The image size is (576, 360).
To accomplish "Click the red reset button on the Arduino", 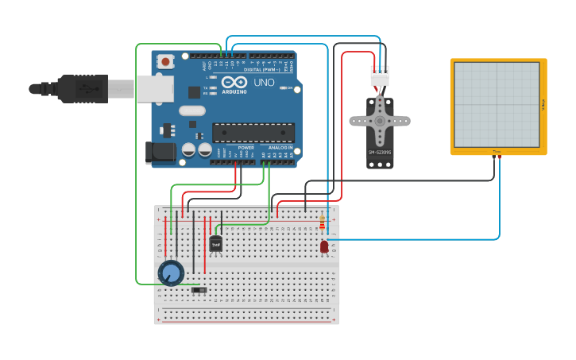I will [165, 61].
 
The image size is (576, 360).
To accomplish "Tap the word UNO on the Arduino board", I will [264, 83].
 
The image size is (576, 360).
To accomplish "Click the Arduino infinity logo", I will [234, 83].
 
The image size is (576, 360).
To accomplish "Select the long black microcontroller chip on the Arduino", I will [253, 133].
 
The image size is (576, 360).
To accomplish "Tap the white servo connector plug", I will [380, 78].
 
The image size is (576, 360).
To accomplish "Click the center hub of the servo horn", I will [380, 121].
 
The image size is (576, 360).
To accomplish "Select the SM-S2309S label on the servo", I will [380, 152].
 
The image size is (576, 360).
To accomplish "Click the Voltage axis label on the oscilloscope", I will [543, 104].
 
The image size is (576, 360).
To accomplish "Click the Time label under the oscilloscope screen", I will [497, 151].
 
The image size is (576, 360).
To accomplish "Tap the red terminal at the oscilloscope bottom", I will [500, 157].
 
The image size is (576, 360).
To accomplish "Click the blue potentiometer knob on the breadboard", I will [171, 273].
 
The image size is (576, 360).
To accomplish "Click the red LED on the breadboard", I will [324, 247].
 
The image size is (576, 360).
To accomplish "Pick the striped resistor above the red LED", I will [322, 223].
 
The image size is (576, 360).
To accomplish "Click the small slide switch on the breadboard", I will [200, 291].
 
